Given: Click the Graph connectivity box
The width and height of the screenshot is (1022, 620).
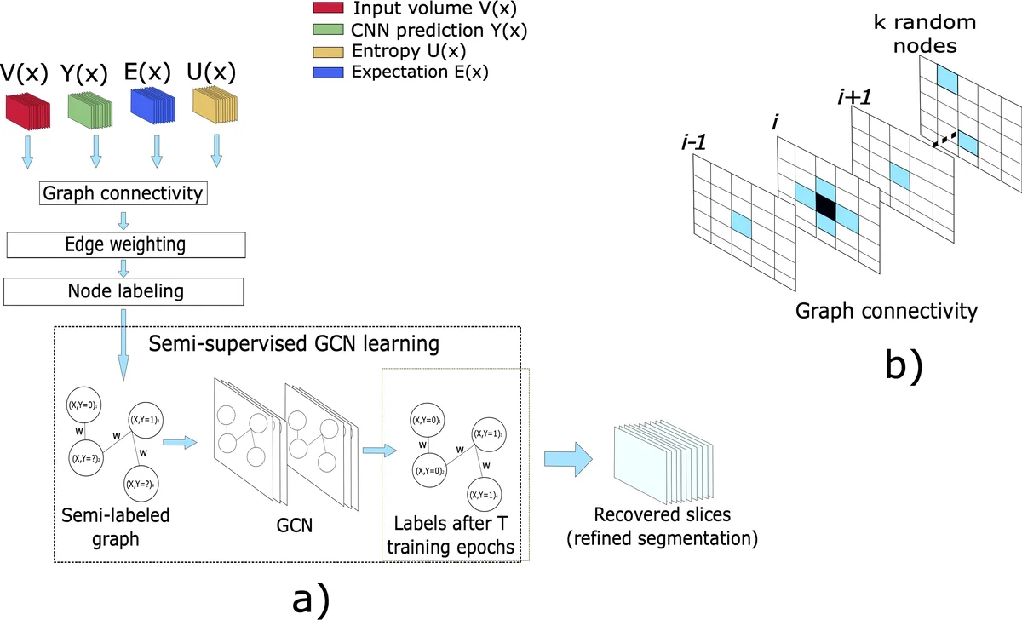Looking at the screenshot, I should [x=124, y=193].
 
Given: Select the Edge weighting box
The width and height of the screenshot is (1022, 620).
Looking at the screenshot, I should [x=124, y=244].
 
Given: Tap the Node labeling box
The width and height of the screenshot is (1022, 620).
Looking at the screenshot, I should [x=124, y=291].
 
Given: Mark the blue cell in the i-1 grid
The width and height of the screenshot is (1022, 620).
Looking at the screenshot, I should [x=744, y=225].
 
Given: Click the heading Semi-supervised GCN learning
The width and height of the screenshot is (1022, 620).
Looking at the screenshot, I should [x=294, y=345].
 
